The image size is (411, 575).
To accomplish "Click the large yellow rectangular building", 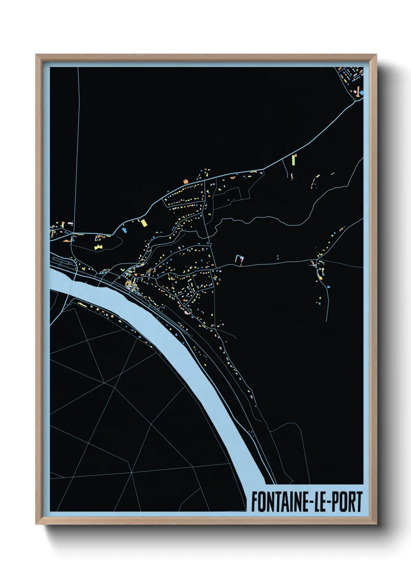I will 143,223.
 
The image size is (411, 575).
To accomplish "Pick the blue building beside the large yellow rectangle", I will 124,230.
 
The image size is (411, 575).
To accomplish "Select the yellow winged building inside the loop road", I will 98,247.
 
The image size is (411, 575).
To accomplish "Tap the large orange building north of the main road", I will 186,181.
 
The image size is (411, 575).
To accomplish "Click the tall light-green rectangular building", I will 294,160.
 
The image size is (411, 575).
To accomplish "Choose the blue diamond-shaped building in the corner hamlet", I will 362,93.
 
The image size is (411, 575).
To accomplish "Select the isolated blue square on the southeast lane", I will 329,286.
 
